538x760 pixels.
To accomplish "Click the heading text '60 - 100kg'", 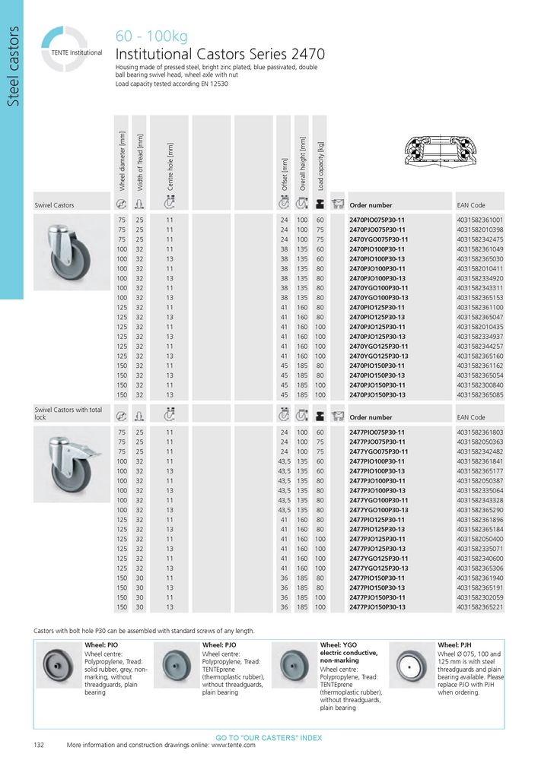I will (x=151, y=36).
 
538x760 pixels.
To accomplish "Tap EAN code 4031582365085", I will (x=480, y=395).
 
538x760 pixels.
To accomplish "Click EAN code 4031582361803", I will (x=480, y=432).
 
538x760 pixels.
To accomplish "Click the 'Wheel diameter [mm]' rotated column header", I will (x=122, y=160).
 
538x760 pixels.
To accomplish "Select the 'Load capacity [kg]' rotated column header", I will (x=321, y=165).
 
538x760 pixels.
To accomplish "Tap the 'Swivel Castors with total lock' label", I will (x=68, y=413).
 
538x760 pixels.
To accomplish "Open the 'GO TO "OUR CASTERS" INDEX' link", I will (x=269, y=738).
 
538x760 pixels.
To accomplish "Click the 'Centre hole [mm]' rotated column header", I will (x=170, y=166).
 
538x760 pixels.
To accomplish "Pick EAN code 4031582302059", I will (x=480, y=598).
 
